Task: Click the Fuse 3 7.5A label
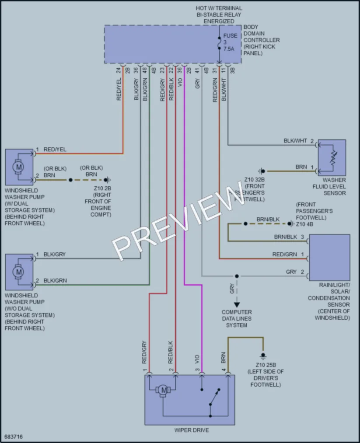[x=230, y=42]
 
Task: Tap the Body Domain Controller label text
[x=262, y=40]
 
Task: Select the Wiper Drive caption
[x=192, y=430]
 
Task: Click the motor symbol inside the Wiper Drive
[x=163, y=391]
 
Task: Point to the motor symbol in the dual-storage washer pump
[x=19, y=167]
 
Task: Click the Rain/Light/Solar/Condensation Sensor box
[x=329, y=258]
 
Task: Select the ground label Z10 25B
[x=266, y=365]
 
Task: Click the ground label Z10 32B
[x=254, y=180]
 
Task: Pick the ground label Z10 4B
[x=304, y=224]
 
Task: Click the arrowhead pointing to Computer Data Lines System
[x=237, y=305]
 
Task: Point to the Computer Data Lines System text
[x=237, y=319]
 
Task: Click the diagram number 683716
[x=13, y=437]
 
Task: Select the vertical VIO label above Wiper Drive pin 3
[x=197, y=359]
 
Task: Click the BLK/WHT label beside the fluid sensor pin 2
[x=295, y=141]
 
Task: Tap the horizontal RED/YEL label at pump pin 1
[x=55, y=150]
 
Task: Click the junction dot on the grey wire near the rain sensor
[x=237, y=276]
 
